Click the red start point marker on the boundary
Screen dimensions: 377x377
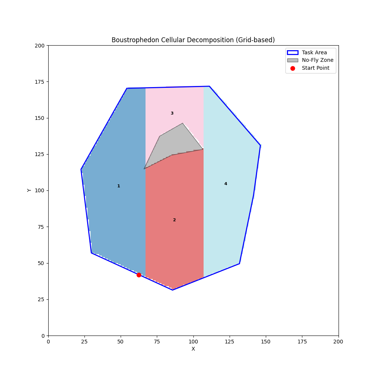(x=139, y=275)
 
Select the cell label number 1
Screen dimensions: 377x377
(x=118, y=186)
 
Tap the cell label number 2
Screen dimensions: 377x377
(x=174, y=220)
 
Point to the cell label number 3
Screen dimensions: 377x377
(x=172, y=113)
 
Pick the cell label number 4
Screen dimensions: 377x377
(x=225, y=184)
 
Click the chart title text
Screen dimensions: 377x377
(x=193, y=40)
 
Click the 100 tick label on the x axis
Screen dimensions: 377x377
(x=193, y=341)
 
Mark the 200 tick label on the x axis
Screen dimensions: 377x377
(x=339, y=341)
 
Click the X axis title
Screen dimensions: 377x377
(x=193, y=349)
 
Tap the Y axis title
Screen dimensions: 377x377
(x=29, y=190)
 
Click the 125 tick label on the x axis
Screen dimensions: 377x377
(x=230, y=341)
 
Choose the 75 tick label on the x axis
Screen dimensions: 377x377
(x=157, y=341)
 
